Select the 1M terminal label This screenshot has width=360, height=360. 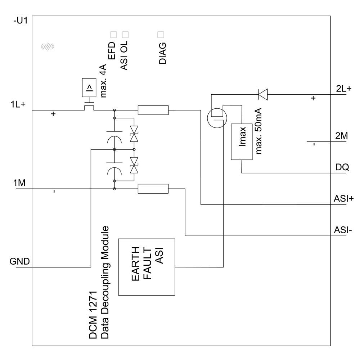click(x=19, y=183)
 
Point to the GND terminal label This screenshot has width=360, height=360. click(x=19, y=261)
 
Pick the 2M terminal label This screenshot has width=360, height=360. click(x=341, y=136)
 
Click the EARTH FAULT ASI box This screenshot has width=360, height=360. click(x=147, y=267)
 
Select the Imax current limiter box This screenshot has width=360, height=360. click(x=242, y=142)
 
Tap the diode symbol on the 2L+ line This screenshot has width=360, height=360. click(x=263, y=95)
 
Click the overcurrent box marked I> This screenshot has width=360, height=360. click(x=89, y=87)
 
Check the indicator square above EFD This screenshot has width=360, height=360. click(x=113, y=35)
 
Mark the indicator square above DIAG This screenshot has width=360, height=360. click(x=161, y=35)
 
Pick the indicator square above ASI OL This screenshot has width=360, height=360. click(x=125, y=35)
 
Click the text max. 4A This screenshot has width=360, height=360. click(x=103, y=81)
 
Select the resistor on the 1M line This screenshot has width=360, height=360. click(x=153, y=188)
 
